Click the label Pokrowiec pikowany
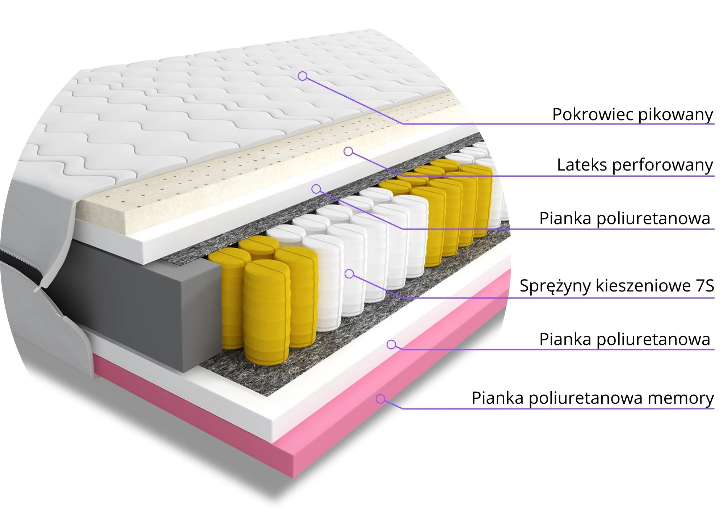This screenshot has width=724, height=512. (x=632, y=114)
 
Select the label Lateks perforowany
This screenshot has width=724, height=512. (x=635, y=165)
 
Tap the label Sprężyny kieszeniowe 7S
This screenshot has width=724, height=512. (x=616, y=286)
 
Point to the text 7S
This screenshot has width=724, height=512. (x=705, y=285)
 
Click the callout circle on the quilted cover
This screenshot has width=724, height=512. (x=303, y=76)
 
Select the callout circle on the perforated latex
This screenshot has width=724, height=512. (x=348, y=151)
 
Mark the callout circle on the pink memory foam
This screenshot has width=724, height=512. (x=380, y=399)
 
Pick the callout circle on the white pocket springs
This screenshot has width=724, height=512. (x=349, y=274)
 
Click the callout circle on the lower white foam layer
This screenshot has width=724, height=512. (x=391, y=344)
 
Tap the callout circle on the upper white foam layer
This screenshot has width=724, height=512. (x=316, y=189)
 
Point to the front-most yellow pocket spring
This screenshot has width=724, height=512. (x=266, y=311)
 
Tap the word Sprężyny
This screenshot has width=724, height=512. (x=555, y=286)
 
